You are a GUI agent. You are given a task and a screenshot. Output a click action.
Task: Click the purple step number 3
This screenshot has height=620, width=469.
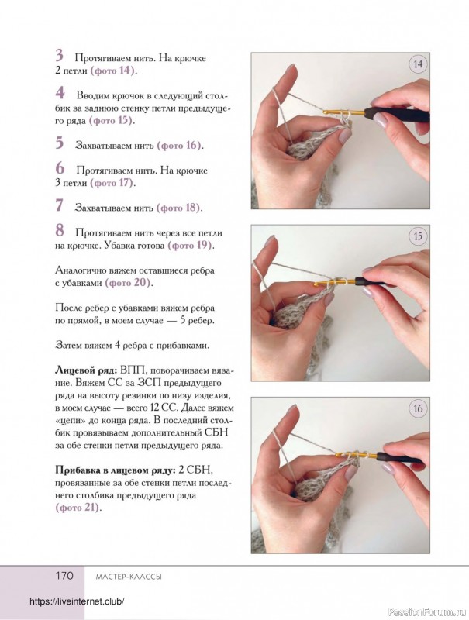click(x=60, y=56)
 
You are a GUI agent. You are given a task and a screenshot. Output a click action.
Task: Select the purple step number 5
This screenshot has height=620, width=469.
click(x=60, y=143)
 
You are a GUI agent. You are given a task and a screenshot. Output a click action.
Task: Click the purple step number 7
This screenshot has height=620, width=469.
click(x=60, y=205)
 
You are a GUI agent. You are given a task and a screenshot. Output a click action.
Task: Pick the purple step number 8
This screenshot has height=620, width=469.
click(x=60, y=230)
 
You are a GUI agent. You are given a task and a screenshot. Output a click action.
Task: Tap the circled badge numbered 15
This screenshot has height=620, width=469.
click(x=418, y=236)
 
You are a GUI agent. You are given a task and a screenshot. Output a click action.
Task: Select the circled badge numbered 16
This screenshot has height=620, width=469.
click(x=418, y=409)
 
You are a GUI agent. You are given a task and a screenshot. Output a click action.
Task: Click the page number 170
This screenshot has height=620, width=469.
click(x=64, y=576)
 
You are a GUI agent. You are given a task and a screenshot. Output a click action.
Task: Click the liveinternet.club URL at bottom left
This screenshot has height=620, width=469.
click(x=77, y=602)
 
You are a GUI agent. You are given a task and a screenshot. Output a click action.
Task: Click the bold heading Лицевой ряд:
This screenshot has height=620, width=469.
click(x=84, y=370)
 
